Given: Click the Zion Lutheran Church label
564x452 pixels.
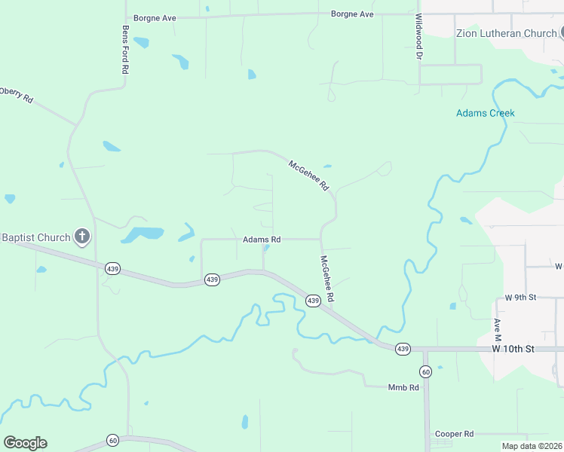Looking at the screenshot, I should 506,33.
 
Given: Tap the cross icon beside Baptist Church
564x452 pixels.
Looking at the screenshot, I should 82,237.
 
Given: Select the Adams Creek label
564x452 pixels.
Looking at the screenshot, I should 485,114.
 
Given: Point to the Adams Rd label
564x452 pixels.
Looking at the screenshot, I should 262,240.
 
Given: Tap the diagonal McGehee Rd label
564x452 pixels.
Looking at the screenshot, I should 309,174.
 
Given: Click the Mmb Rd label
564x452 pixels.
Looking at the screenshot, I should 403,387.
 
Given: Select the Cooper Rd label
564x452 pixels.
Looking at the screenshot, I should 454,434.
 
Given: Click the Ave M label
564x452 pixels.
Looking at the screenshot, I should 497,327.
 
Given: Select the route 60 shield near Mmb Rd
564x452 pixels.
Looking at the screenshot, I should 425,371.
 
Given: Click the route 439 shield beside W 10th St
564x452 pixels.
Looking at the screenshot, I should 403,349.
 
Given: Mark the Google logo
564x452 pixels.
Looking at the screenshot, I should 25,443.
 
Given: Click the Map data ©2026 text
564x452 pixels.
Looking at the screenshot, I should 532,446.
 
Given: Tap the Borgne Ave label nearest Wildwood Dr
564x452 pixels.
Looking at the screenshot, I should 352,14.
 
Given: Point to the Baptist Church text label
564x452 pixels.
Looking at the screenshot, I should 35,237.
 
